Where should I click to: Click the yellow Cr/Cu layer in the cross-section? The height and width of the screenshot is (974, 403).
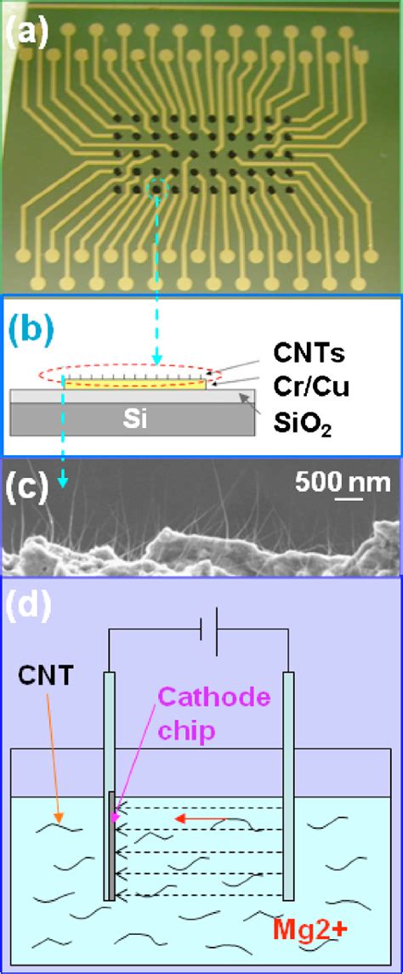tap(136, 385)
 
